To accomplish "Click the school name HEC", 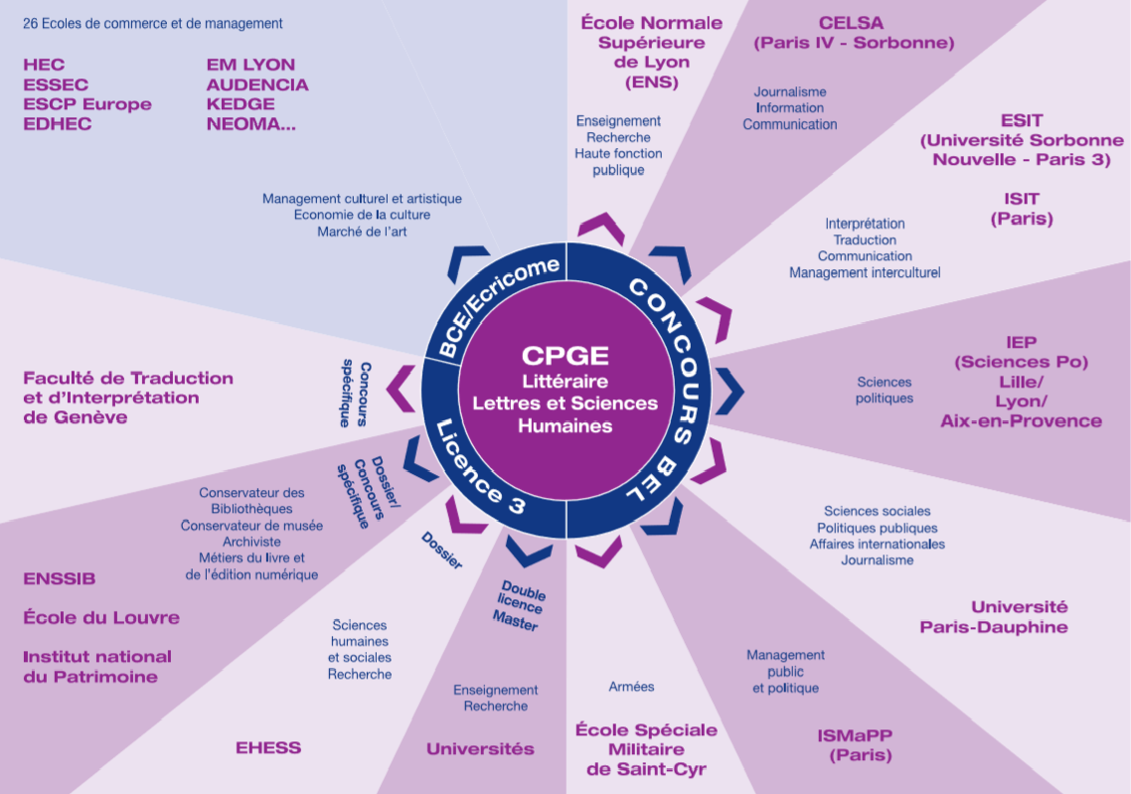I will (44, 65).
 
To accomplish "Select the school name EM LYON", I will (250, 65).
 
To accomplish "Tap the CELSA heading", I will (852, 23).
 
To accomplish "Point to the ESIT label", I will (1022, 121).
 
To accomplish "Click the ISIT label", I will (1022, 199).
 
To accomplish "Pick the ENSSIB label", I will (60, 578).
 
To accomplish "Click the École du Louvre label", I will (101, 617).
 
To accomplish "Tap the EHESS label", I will (268, 747).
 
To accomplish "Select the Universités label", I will (480, 748).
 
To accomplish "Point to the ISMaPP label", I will (855, 735).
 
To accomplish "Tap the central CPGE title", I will (565, 356).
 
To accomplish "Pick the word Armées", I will (631, 686).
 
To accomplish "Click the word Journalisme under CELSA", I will (789, 91).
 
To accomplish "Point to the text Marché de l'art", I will (362, 232).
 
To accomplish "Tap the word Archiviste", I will (251, 542).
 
